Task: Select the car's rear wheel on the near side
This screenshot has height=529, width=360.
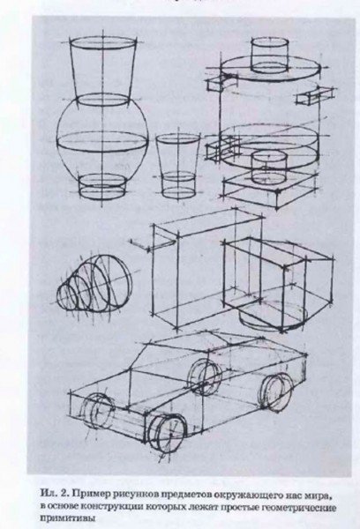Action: pyautogui.click(x=277, y=391)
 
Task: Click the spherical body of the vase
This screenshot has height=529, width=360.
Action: pyautogui.click(x=102, y=137)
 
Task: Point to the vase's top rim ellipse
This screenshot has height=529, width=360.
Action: pyautogui.click(x=102, y=44)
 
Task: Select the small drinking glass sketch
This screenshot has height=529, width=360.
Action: pyautogui.click(x=178, y=166)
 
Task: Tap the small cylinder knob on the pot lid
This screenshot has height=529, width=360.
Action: pyautogui.click(x=270, y=56)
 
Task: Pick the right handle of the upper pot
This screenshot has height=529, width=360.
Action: pyautogui.click(x=314, y=94)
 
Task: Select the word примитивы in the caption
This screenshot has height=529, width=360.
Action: pyautogui.click(x=68, y=518)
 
